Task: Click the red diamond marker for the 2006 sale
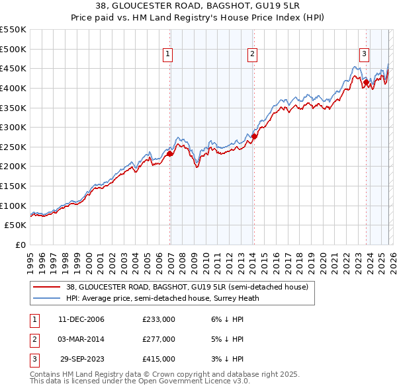click(169, 153)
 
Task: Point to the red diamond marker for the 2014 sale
click(254, 136)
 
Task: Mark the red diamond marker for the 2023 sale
click(366, 82)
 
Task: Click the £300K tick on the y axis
click(13, 127)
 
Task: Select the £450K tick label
click(13, 68)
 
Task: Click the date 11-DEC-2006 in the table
click(81, 319)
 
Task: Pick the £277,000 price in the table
click(159, 339)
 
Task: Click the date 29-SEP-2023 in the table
click(82, 359)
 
